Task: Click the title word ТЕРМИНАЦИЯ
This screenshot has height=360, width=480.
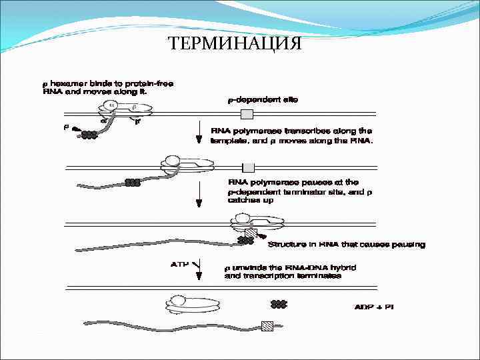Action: pos(235,44)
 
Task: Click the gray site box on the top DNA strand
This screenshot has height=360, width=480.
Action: pos(247,115)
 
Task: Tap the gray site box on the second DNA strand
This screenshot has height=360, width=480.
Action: pos(248,167)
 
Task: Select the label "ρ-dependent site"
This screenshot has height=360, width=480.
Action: pos(259,100)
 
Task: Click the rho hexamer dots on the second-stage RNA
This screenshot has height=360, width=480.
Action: pos(133,182)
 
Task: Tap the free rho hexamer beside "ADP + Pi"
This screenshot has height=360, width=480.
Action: pos(279,305)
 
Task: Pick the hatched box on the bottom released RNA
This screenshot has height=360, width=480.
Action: pos(267,326)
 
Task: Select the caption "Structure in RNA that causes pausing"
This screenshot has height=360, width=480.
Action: pos(346,245)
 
